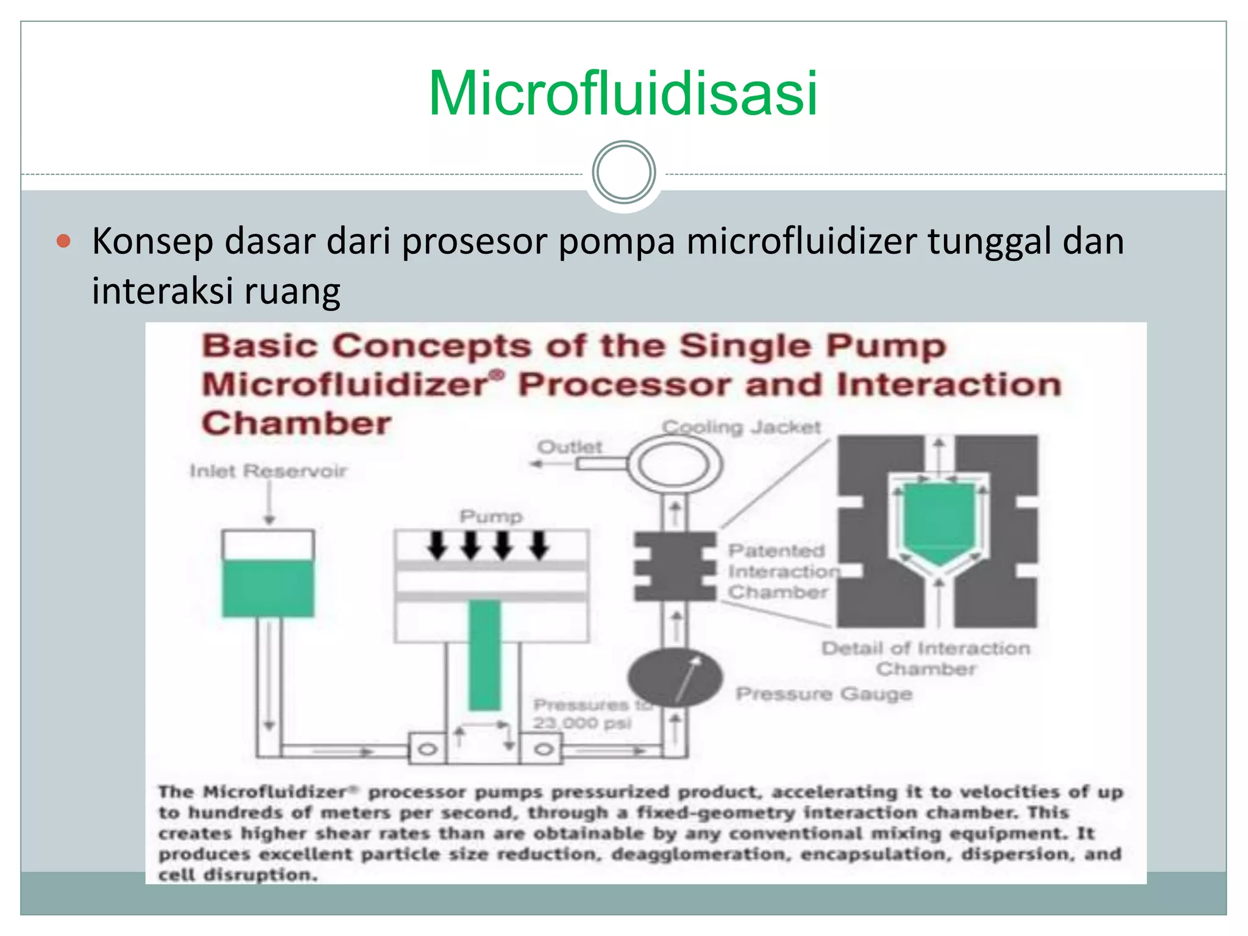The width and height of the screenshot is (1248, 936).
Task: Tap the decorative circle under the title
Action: pos(623,172)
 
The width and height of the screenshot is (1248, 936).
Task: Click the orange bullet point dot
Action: pos(63,241)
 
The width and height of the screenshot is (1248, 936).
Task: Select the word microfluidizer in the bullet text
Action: pos(801,241)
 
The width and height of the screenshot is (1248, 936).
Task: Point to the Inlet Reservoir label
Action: pos(268,470)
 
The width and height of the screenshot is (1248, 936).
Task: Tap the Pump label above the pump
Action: pos(491,517)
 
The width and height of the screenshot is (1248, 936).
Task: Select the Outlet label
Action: pos(569,447)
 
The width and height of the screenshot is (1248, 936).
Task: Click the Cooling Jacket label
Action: pos(742,427)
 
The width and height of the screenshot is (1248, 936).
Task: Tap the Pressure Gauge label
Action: pos(824,693)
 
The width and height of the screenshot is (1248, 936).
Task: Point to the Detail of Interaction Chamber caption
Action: pos(926,658)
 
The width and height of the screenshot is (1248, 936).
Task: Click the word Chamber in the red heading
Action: pos(296,423)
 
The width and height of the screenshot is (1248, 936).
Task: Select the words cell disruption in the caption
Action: pos(238,874)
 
